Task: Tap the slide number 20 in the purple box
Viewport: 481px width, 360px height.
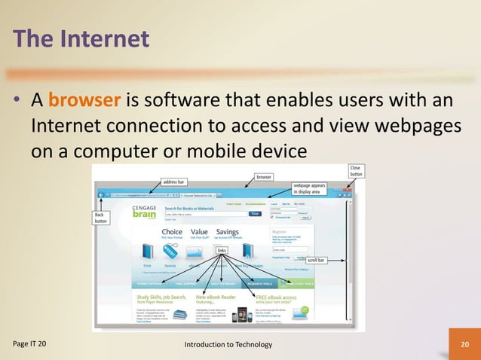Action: (464, 344)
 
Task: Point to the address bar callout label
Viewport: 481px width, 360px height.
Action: (174, 182)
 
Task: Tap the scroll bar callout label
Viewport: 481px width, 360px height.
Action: (317, 261)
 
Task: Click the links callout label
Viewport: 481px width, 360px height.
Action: (222, 250)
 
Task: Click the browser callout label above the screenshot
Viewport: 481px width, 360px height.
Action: (265, 178)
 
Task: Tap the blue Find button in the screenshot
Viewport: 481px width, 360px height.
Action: (255, 214)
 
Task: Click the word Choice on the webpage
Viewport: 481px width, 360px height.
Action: (172, 232)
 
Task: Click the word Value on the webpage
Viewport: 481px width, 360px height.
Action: (200, 232)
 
